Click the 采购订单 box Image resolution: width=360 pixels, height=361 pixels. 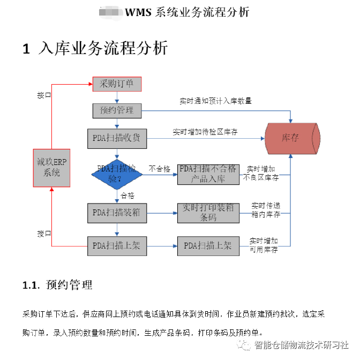(117, 84)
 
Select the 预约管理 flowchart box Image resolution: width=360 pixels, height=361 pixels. (117, 110)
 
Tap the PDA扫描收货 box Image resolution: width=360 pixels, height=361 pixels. (117, 138)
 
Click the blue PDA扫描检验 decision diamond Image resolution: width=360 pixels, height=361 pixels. (116, 174)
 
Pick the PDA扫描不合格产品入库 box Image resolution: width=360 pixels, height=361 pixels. (208, 174)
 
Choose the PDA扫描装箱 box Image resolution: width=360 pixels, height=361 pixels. (116, 213)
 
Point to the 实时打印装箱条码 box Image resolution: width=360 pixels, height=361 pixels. (208, 213)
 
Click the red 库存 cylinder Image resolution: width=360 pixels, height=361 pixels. (293, 138)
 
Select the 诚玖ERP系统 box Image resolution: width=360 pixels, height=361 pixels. (52, 168)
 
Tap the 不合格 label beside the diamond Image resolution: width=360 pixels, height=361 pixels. (159, 169)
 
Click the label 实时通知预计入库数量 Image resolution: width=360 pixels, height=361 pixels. (215, 101)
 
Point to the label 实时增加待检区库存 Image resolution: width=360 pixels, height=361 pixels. (205, 131)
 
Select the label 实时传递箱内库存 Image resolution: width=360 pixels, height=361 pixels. (266, 210)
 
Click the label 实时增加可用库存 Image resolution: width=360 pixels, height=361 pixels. (264, 245)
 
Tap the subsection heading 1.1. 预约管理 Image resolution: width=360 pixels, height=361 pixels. (58, 285)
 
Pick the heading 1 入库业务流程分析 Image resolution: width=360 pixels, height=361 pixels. (95, 49)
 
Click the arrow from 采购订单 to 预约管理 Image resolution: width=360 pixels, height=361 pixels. (117, 97)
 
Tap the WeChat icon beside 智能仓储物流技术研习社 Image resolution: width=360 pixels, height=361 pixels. (246, 345)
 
